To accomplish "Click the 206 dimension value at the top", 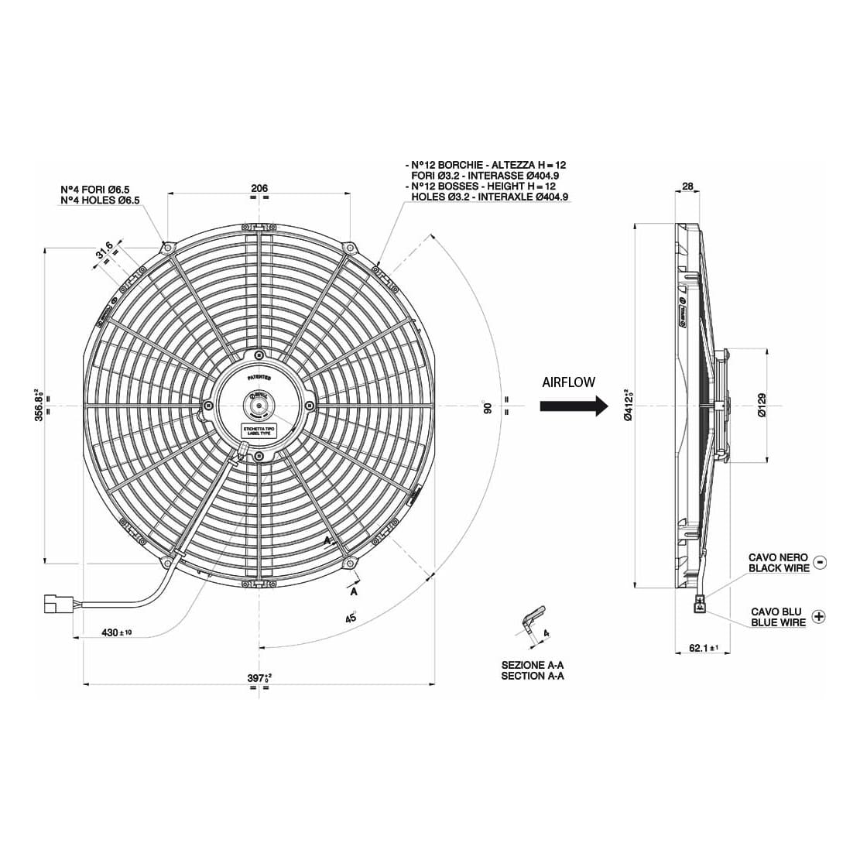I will pos(259,188).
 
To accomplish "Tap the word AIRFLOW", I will pos(568,382).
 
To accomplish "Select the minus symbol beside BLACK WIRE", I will pos(821,562).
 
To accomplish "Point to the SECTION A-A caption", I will pos(533,676).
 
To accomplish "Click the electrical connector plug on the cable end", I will pos(57,603).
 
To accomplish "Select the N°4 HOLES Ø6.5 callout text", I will pos(100,200).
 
